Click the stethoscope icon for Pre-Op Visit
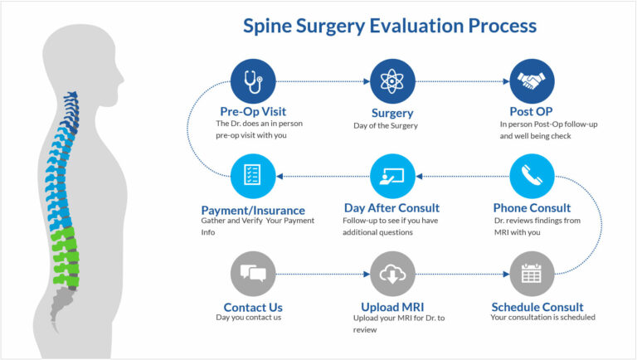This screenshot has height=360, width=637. (x=253, y=81)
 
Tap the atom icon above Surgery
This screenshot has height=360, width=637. (x=392, y=81)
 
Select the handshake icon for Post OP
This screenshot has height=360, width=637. (x=532, y=81)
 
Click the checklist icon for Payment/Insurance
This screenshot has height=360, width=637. (x=253, y=176)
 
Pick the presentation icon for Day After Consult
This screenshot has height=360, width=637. (x=392, y=176)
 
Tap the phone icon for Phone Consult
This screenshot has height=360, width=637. (x=532, y=176)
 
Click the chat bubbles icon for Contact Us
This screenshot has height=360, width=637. (x=253, y=273)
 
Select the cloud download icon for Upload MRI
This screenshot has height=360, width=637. (x=392, y=273)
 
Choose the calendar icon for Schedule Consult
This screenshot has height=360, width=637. (x=532, y=273)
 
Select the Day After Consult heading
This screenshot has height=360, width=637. (x=391, y=207)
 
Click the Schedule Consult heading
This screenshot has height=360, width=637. (x=537, y=307)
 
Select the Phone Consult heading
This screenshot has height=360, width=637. (x=532, y=207)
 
